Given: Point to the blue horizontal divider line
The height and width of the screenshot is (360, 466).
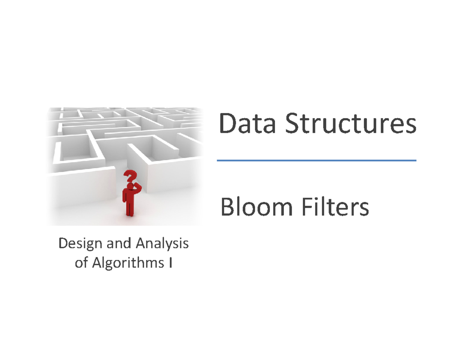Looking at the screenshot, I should click(316, 160).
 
